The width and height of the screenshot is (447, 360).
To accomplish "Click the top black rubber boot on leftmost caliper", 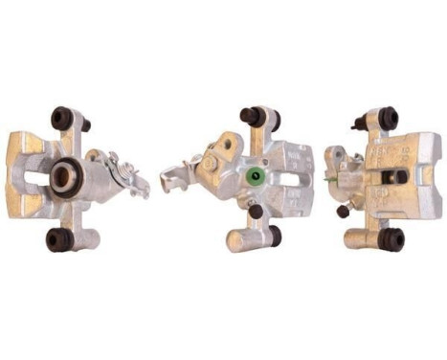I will tap(62, 119).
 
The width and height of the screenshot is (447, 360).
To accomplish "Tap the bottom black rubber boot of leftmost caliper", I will tap(59, 238).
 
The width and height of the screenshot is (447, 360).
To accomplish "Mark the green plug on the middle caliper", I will tap(254, 177).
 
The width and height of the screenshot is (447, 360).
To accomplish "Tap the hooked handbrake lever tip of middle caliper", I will tap(169, 182).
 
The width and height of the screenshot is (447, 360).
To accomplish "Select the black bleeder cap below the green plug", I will tap(256, 210).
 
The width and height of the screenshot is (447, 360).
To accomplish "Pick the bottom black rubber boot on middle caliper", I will tap(274, 235).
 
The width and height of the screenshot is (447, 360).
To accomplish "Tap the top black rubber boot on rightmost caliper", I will tap(388, 118).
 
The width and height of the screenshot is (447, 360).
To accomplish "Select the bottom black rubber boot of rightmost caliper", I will tap(391, 238).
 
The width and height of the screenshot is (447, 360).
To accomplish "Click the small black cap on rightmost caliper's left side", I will tap(343, 211).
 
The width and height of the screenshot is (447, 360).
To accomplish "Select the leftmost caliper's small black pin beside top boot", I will tap(85, 125).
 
